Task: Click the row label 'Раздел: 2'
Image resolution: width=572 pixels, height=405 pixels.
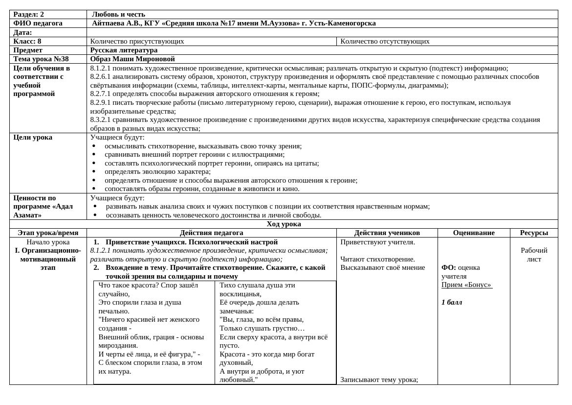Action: [28, 14]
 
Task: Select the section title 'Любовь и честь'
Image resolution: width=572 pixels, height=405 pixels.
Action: [118, 14]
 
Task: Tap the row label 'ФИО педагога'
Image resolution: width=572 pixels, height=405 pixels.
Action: [38, 23]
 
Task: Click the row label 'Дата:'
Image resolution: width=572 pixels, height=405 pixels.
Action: [22, 32]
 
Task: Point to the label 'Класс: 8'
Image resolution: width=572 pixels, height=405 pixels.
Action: [27, 41]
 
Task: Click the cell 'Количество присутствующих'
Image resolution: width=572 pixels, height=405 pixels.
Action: [137, 41]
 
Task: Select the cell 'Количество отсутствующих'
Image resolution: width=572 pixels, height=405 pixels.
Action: [385, 41]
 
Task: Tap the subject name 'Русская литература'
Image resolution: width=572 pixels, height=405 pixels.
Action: [124, 50]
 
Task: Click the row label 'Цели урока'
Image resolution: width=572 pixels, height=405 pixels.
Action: [33, 137]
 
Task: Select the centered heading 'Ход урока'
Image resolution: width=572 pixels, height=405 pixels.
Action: [284, 224]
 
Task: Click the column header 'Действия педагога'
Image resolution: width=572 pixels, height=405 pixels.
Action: [211, 233]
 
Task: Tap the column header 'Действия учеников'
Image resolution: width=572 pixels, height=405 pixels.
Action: [387, 233]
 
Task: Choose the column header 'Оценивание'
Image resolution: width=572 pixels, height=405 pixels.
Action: [473, 233]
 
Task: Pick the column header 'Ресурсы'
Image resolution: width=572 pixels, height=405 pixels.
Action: [533, 233]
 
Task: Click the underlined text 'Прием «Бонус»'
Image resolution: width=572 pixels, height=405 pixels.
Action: [466, 285]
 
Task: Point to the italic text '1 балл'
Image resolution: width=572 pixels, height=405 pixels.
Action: [451, 302]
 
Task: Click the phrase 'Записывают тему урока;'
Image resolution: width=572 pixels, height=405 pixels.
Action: [379, 380]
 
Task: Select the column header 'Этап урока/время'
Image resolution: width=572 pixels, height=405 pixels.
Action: [48, 233]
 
